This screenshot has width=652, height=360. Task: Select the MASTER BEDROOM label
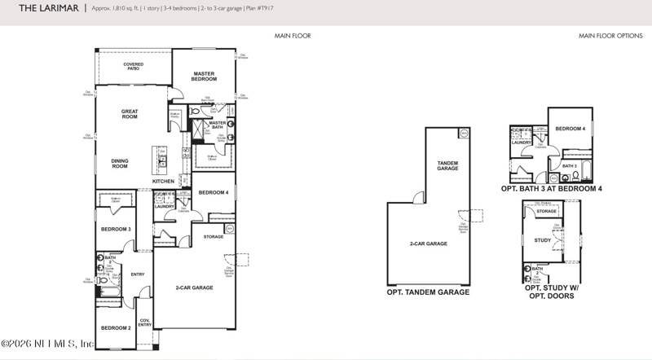click(204, 77)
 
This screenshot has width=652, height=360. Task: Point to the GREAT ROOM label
click(130, 114)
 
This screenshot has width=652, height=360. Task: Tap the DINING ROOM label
click(120, 163)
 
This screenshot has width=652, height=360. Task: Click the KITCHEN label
click(175, 181)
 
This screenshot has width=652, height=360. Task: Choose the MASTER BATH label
click(217, 125)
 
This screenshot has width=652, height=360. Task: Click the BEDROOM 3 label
click(116, 229)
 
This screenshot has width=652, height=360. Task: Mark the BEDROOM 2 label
click(116, 327)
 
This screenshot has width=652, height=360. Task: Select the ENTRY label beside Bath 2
click(138, 274)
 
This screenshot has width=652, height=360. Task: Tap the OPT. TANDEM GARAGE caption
click(428, 292)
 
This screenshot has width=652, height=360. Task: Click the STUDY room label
click(543, 240)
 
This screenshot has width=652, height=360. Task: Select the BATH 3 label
click(569, 166)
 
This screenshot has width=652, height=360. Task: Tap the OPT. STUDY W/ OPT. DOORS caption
click(548, 292)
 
